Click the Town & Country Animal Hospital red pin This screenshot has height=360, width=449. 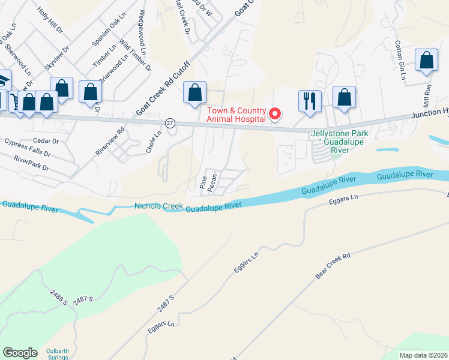276,113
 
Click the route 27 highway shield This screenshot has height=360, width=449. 170,122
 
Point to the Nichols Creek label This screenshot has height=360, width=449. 158,206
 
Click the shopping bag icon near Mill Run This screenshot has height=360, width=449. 426,61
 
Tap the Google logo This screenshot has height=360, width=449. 20,352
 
